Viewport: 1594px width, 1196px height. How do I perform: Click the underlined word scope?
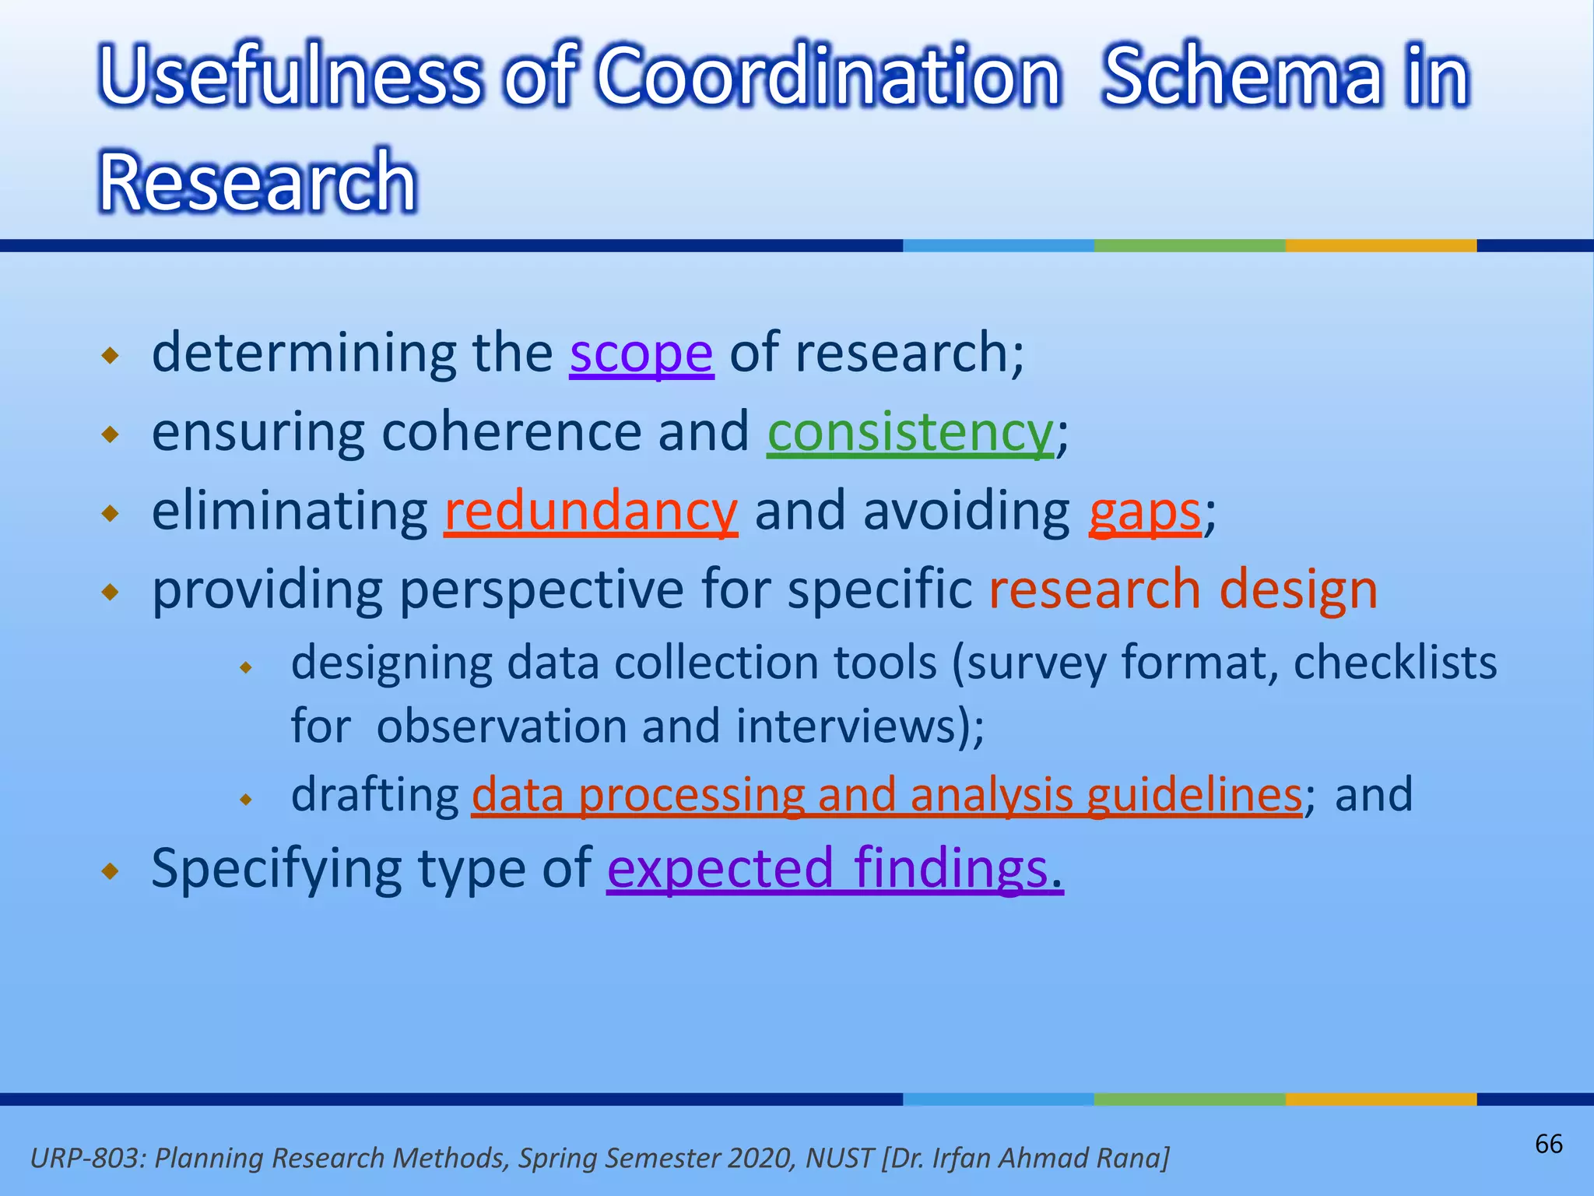pyautogui.click(x=641, y=354)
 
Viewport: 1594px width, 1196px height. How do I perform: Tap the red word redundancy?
pyautogui.click(x=590, y=512)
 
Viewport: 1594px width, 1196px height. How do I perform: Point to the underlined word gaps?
pyautogui.click(x=1144, y=513)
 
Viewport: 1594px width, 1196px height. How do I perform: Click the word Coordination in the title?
pyautogui.click(x=828, y=76)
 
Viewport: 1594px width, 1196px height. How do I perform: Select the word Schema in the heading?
pyautogui.click(x=1246, y=76)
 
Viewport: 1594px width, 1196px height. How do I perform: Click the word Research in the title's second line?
pyautogui.click(x=258, y=182)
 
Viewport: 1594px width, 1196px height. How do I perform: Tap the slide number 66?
pyautogui.click(x=1548, y=1144)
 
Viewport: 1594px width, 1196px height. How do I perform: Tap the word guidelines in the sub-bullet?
pyautogui.click(x=1194, y=795)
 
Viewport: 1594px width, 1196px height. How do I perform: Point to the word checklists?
pyautogui.click(x=1395, y=663)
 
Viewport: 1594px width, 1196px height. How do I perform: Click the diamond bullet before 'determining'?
pyautogui.click(x=111, y=357)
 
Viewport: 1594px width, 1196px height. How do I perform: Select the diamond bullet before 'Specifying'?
pyautogui.click(x=111, y=871)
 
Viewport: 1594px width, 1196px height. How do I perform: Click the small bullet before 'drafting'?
pyautogui.click(x=246, y=799)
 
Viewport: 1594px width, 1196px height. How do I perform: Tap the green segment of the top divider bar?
pyautogui.click(x=1188, y=245)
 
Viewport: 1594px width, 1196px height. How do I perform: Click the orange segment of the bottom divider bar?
pyautogui.click(x=1380, y=1099)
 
